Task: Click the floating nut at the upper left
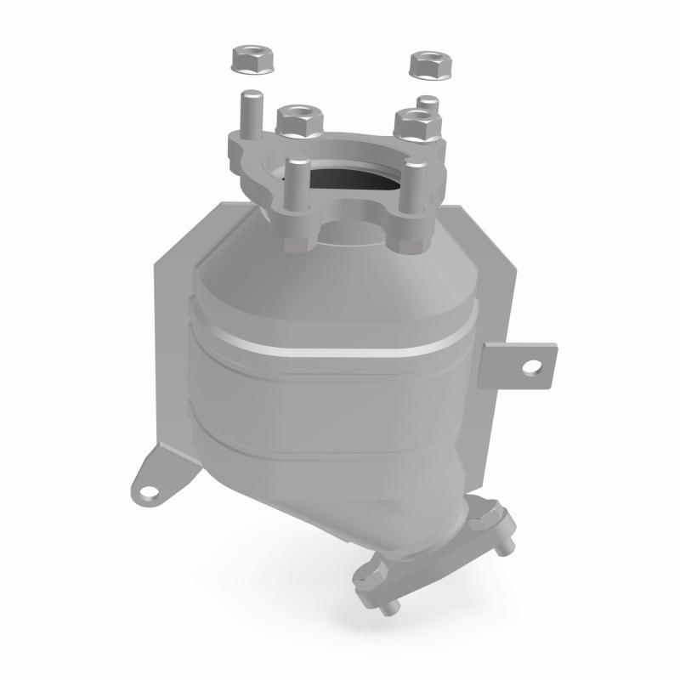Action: (x=250, y=60)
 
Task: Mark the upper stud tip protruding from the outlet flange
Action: (x=506, y=549)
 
